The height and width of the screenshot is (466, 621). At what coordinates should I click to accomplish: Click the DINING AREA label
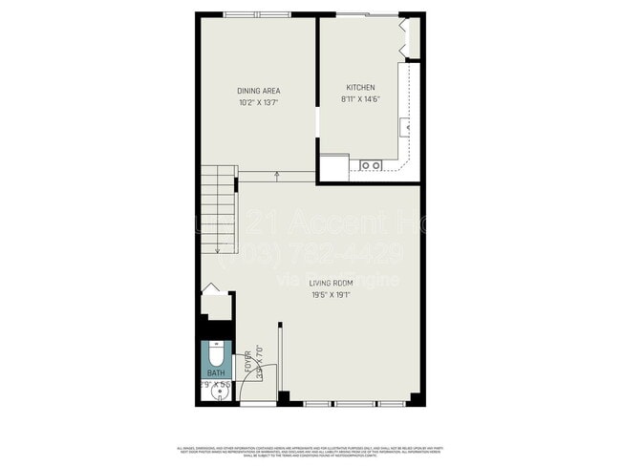258,91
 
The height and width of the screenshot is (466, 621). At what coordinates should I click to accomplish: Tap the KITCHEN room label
359,86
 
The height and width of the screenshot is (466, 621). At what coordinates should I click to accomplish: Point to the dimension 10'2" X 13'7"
258,103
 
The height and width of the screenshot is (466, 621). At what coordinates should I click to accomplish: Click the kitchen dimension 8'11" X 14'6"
359,98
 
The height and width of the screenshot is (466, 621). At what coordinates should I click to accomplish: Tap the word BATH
216,373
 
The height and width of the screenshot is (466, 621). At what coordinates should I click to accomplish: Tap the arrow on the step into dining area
277,176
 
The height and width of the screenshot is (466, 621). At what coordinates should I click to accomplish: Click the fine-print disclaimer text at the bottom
310,450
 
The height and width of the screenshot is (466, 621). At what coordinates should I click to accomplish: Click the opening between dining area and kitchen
317,124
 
